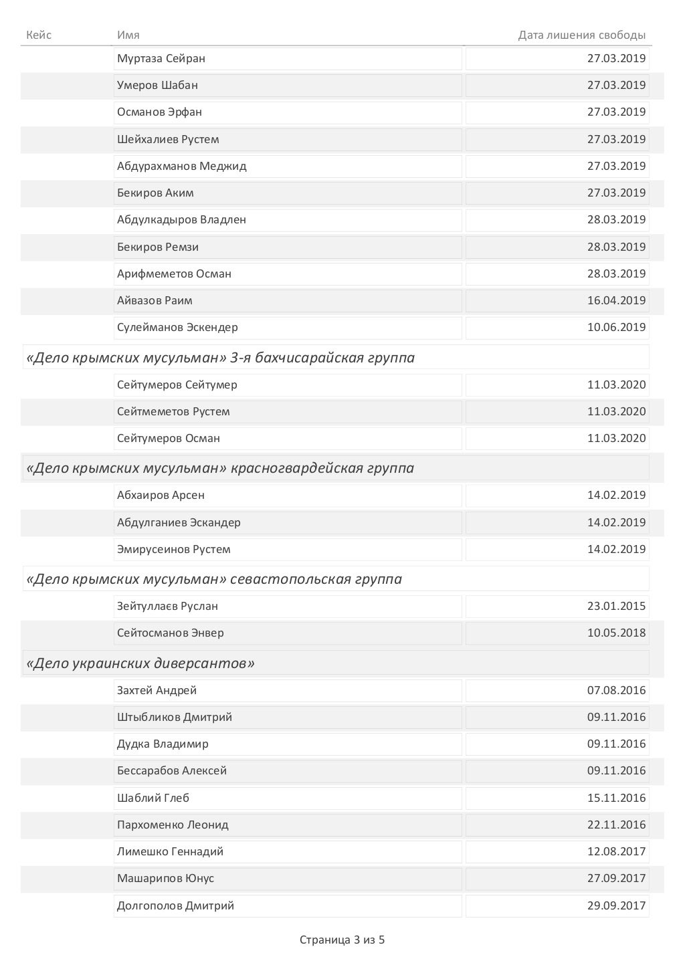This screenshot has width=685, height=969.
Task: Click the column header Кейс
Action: (x=39, y=35)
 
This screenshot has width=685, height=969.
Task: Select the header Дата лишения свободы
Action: (x=581, y=35)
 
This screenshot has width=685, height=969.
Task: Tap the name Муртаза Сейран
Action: (x=161, y=58)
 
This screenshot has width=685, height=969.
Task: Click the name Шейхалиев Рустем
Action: (x=168, y=139)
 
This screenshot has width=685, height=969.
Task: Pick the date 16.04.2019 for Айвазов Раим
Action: (x=616, y=300)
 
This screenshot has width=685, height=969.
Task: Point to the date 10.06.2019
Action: (x=616, y=327)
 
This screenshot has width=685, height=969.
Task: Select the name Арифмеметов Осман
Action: (x=174, y=274)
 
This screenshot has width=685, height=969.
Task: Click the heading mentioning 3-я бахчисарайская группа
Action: (x=220, y=358)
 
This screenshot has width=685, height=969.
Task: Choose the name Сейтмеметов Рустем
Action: (x=173, y=411)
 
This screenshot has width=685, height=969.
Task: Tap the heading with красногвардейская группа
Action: (x=220, y=468)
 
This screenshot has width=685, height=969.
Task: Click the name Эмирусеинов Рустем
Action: (x=173, y=549)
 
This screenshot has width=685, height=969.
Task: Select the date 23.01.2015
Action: (x=616, y=606)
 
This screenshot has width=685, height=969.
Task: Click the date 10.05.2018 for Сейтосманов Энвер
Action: (x=616, y=633)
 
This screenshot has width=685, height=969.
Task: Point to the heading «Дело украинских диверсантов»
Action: (x=140, y=663)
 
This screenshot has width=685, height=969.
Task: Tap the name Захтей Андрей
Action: (x=157, y=690)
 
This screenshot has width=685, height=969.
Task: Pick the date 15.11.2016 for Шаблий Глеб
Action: (x=616, y=798)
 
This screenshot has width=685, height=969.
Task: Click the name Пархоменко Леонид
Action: (x=173, y=825)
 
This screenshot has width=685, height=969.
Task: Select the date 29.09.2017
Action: (x=616, y=905)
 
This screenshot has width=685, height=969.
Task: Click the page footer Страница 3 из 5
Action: (x=342, y=940)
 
